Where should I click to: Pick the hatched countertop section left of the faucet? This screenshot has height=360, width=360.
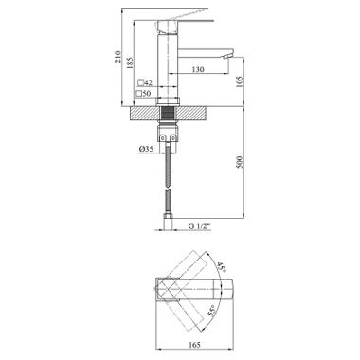pos(143,110)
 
